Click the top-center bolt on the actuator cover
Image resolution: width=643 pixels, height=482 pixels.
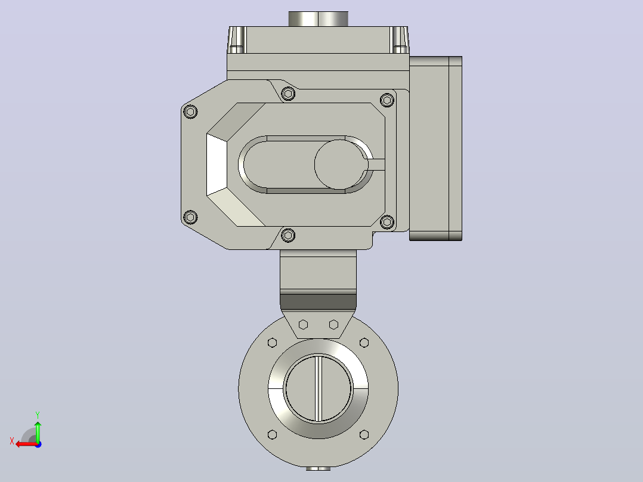click(x=288, y=94)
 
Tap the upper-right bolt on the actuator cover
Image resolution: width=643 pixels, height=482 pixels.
click(x=387, y=100)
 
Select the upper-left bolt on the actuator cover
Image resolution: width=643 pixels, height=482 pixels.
click(x=190, y=111)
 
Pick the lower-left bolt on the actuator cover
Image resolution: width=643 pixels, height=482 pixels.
click(x=190, y=217)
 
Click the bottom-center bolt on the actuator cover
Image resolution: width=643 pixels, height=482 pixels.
click(x=288, y=235)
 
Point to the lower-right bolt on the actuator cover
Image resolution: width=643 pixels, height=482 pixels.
click(x=387, y=222)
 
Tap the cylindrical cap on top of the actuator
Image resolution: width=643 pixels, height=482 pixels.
click(x=319, y=19)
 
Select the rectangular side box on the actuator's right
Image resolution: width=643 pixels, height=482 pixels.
click(x=435, y=149)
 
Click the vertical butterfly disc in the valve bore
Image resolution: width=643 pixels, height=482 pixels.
click(x=319, y=388)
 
